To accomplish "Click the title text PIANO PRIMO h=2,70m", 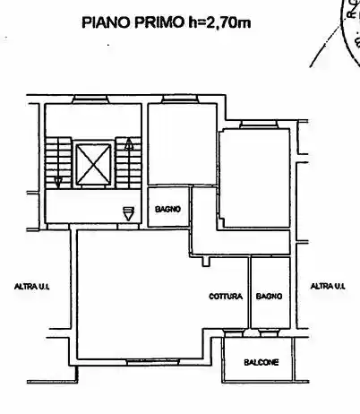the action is click(x=167, y=22).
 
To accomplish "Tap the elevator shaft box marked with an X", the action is click(x=93, y=164).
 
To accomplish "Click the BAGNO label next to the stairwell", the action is click(x=168, y=209).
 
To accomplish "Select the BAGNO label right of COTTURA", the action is click(x=269, y=296).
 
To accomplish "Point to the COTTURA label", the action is click(x=226, y=297).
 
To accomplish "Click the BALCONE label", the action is click(x=261, y=362).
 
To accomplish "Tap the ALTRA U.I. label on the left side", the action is click(x=32, y=287).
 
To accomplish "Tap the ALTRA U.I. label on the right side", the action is click(x=328, y=286).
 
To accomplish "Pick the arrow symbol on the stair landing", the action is click(x=129, y=214).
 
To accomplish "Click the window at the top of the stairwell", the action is click(x=90, y=99).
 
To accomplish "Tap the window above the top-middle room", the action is click(x=179, y=99).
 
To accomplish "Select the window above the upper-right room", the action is click(x=259, y=125).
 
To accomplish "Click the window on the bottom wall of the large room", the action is click(x=153, y=362).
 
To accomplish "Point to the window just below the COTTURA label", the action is click(x=234, y=332).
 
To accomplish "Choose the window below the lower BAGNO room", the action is click(x=269, y=332).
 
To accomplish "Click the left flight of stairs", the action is click(x=58, y=163).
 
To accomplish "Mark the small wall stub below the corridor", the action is click(x=206, y=262).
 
